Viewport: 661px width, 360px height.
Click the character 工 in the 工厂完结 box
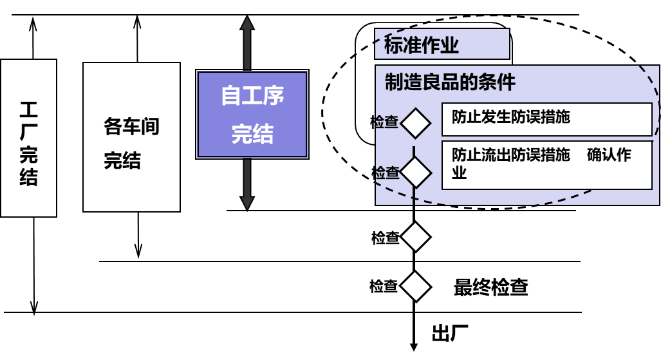[28, 110]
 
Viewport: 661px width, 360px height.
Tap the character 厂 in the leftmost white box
[28, 132]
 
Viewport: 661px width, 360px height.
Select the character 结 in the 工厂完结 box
[28, 177]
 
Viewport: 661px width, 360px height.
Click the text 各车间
[131, 127]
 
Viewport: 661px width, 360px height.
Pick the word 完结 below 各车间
[122, 160]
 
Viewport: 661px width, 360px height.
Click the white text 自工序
[252, 96]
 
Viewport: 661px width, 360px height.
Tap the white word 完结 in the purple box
[252, 134]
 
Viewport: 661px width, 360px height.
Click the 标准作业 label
[422, 45]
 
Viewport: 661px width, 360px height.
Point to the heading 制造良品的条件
[450, 82]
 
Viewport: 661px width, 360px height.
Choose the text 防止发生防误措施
[510, 117]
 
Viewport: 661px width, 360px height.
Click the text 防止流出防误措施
[510, 155]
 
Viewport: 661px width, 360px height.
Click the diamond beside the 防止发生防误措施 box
[416, 123]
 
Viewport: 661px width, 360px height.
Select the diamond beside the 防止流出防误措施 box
[416, 172]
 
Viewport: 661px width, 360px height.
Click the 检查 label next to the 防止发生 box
[385, 122]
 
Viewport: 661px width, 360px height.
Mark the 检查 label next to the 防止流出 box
[387, 173]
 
